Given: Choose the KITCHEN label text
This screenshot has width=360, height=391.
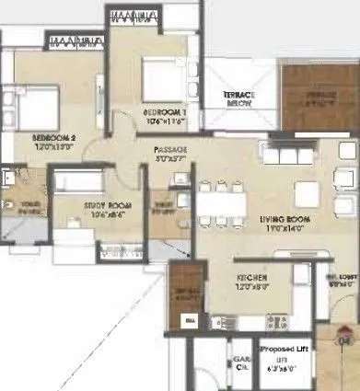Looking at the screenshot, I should pos(250,276).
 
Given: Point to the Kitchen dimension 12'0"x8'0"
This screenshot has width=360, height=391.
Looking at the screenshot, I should pos(250,286).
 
